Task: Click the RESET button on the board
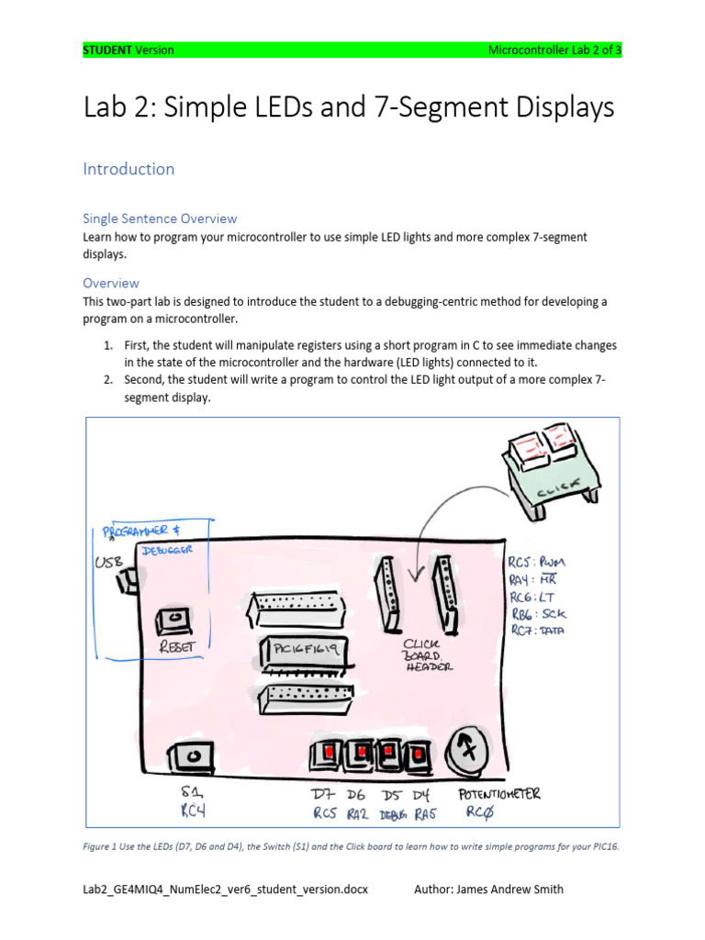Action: point(173,621)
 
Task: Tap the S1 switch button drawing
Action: point(193,756)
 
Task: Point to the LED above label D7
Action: point(326,754)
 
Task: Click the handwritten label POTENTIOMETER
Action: point(499,794)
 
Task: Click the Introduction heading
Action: point(129,169)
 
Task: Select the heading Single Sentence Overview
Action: point(160,218)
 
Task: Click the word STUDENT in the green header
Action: point(107,50)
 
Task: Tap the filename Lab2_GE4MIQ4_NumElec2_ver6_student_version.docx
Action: point(225,889)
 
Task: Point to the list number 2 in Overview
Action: point(107,379)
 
